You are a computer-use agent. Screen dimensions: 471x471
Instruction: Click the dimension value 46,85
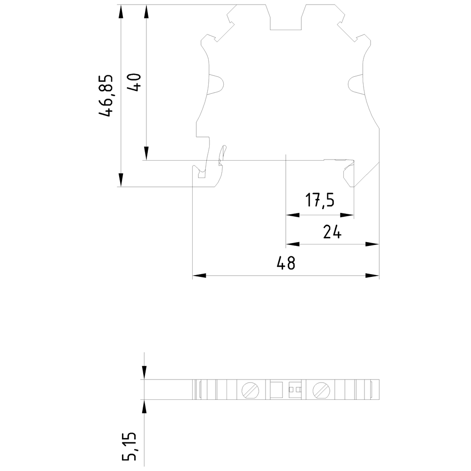(106, 96)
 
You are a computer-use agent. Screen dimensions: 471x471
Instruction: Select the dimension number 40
(135, 83)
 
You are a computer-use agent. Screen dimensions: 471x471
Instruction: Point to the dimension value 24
(333, 232)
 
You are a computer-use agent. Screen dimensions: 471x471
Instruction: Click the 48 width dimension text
(286, 263)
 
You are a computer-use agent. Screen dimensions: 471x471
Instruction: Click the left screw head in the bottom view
(249, 390)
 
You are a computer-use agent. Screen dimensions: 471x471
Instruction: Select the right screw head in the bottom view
(321, 390)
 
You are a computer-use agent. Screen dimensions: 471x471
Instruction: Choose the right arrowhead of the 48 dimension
(373, 276)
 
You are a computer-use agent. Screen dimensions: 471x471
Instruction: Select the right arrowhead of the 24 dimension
(373, 244)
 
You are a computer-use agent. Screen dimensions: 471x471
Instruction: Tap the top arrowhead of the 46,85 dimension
(121, 12)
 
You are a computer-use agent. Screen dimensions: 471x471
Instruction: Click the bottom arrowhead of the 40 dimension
(146, 154)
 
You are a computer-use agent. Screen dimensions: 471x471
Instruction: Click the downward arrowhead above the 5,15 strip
(144, 373)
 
